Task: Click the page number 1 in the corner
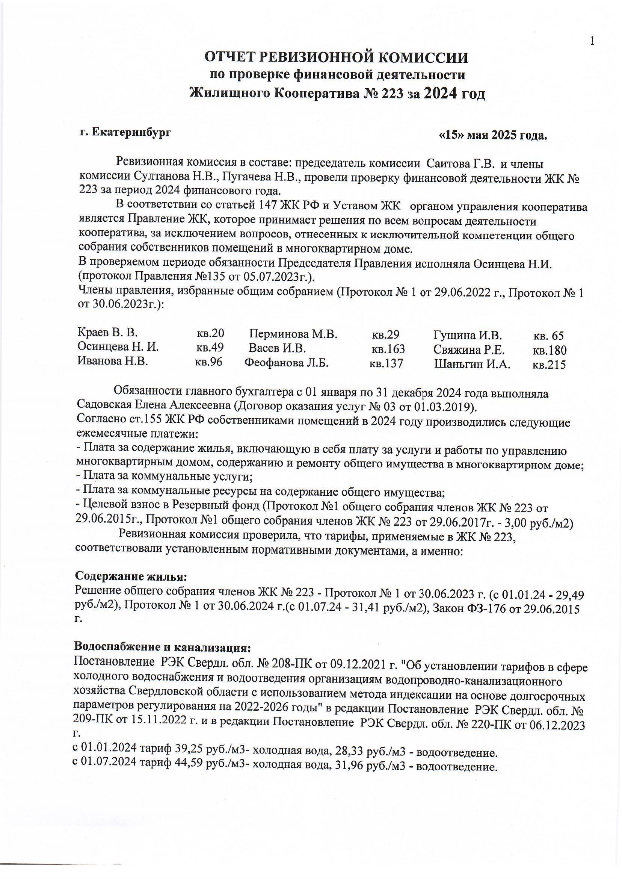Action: click(x=592, y=41)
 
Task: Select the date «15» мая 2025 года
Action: click(x=492, y=135)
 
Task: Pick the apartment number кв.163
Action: click(x=388, y=349)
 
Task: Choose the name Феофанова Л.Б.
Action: click(x=287, y=363)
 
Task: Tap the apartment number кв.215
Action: click(x=549, y=365)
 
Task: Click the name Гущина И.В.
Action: click(x=467, y=336)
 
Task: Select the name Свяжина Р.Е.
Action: click(x=469, y=350)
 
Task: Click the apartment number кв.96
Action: click(x=208, y=362)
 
